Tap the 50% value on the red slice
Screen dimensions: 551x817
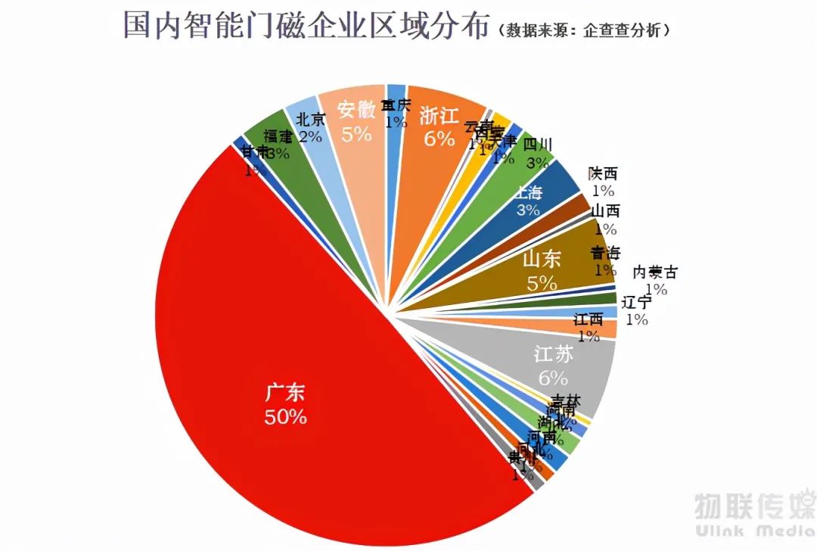coord(285,416)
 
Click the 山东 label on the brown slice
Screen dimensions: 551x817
coord(542,260)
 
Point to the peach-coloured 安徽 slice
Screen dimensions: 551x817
coord(356,121)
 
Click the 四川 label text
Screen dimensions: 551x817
coord(539,145)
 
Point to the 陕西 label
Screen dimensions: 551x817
coord(604,174)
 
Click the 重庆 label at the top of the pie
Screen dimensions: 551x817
coord(396,104)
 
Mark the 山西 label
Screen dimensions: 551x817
coord(605,211)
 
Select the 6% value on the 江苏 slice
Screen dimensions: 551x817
coord(552,377)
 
